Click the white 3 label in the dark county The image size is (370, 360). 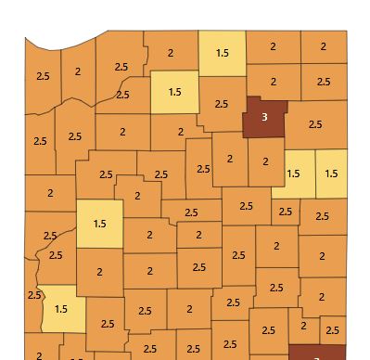[x=264, y=118]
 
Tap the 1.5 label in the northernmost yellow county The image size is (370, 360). [x=223, y=53]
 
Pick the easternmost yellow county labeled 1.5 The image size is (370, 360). [x=330, y=174]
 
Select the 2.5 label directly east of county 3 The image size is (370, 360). [x=314, y=123]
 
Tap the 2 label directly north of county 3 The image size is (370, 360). [x=274, y=82]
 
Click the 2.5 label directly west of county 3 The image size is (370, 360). [x=221, y=103]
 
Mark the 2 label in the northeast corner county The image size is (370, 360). [x=325, y=46]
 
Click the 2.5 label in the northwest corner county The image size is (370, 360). [x=42, y=75]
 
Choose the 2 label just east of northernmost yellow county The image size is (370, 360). [x=273, y=46]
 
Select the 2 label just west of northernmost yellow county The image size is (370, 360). [x=171, y=53]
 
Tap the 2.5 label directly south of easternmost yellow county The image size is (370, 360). [x=322, y=216]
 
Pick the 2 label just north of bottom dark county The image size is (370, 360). [x=303, y=326]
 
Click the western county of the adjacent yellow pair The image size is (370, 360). [x=294, y=174]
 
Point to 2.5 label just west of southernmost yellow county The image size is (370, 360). [x=34, y=295]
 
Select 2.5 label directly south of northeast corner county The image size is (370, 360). [x=323, y=82]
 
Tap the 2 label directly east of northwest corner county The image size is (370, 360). [x=78, y=71]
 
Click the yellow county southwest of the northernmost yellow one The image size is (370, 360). [x=174, y=92]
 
